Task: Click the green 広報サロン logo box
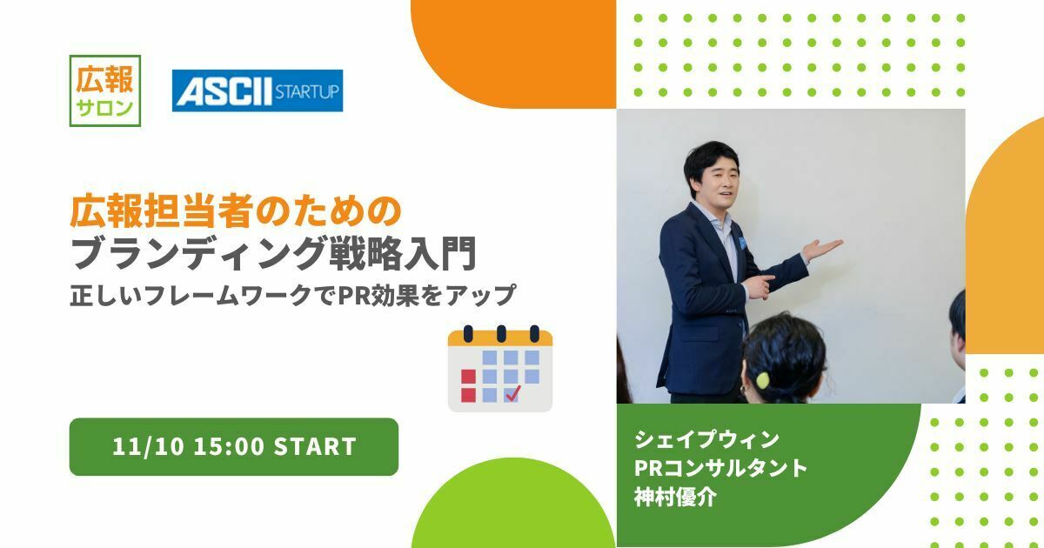pyautogui.click(x=104, y=90)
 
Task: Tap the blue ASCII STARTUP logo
pyautogui.click(x=258, y=90)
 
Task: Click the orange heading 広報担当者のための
pyautogui.click(x=236, y=211)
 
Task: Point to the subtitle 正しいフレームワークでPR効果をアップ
pyautogui.click(x=293, y=296)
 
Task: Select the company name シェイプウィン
pyautogui.click(x=707, y=438)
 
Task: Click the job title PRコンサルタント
pyautogui.click(x=722, y=468)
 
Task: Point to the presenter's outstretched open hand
pyautogui.click(x=821, y=249)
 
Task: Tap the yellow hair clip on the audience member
pyautogui.click(x=763, y=380)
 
